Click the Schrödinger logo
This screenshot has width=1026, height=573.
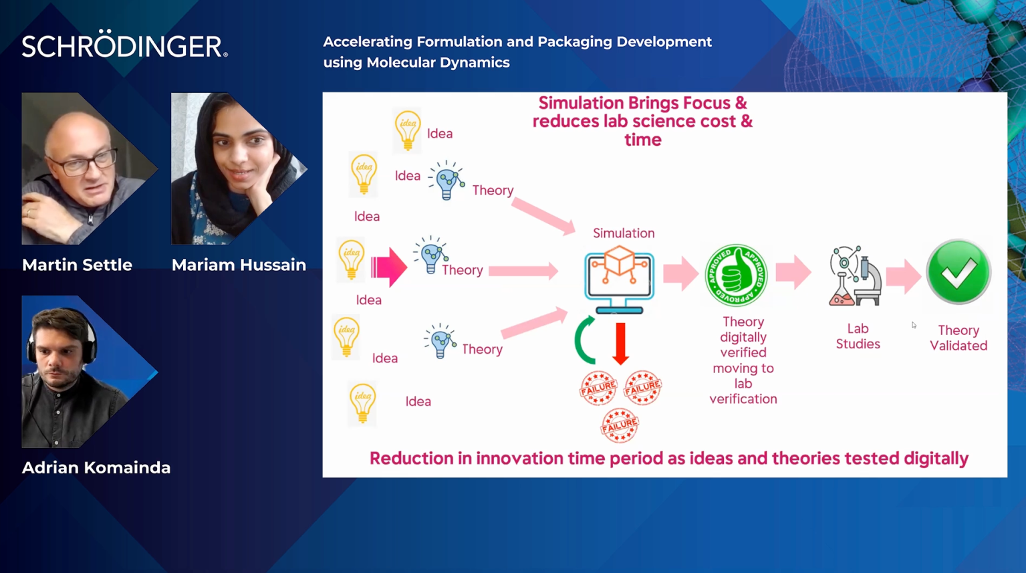[124, 45]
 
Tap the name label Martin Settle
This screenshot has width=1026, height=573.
[77, 265]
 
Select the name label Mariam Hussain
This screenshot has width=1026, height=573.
[239, 265]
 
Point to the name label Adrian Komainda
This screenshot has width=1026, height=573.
[96, 467]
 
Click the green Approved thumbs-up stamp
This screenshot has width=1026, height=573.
[736, 275]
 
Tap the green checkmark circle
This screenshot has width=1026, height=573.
[958, 271]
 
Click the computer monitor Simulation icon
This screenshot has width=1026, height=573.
[619, 279]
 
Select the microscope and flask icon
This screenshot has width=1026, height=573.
[855, 275]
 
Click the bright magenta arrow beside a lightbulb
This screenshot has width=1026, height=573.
[389, 267]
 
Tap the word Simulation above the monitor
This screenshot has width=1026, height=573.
[624, 233]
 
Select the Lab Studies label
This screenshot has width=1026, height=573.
[858, 336]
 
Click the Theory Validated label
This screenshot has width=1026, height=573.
[958, 338]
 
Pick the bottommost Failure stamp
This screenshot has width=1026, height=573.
[620, 425]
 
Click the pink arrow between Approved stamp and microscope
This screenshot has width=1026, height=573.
[793, 273]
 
